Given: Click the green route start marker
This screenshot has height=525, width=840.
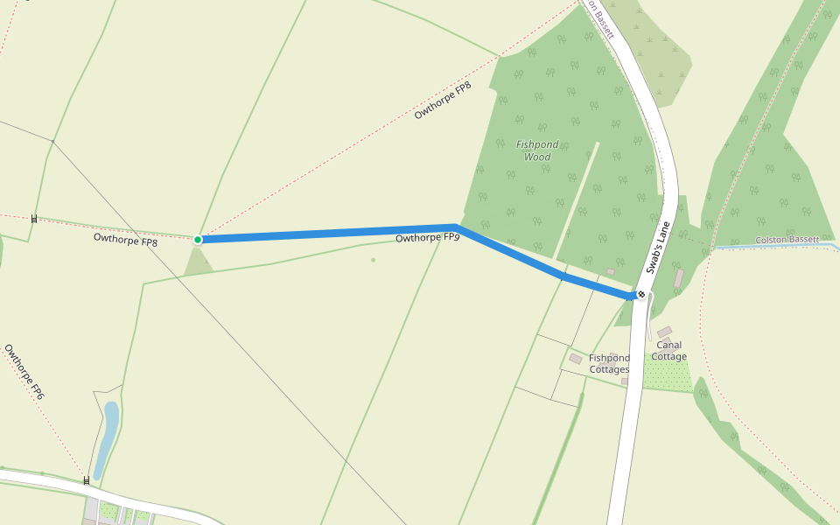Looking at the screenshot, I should coord(198,239).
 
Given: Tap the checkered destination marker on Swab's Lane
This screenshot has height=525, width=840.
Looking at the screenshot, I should coord(641,295).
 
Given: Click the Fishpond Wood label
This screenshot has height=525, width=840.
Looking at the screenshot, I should coord(536,150).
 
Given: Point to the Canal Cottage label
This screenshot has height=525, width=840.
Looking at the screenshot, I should coord(669,351).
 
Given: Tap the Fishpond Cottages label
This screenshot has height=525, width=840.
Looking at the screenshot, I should coord(609,364).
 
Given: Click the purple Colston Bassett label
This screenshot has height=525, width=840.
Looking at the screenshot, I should coord(787,240).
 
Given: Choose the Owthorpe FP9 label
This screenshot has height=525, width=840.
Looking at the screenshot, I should coord(427,238).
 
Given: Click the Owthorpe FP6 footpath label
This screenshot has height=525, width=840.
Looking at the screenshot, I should coord(24,372).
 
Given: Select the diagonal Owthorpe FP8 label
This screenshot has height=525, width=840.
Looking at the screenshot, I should coord(443,100).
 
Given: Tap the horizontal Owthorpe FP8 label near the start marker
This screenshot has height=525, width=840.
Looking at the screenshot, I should coord(125,238).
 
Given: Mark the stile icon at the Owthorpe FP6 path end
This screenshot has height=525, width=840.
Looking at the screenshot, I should coord(86,480).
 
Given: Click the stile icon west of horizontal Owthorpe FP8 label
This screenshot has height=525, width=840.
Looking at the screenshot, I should coord(34,219).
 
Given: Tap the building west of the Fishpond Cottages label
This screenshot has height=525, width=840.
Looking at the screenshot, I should coord(575,359).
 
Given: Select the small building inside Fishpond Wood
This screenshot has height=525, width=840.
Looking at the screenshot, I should coord(610,272).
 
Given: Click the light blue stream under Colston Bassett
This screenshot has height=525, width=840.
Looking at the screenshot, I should coord(770,247).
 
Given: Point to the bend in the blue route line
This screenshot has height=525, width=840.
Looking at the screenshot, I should coord(457,227).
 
